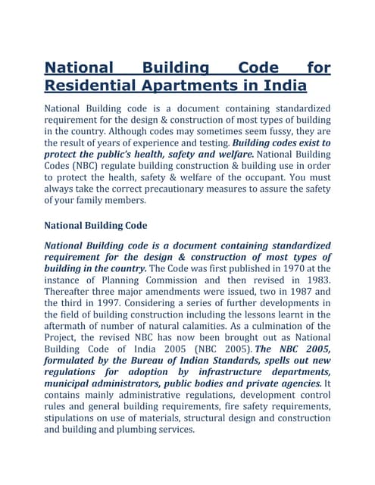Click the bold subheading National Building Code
[95, 225]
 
